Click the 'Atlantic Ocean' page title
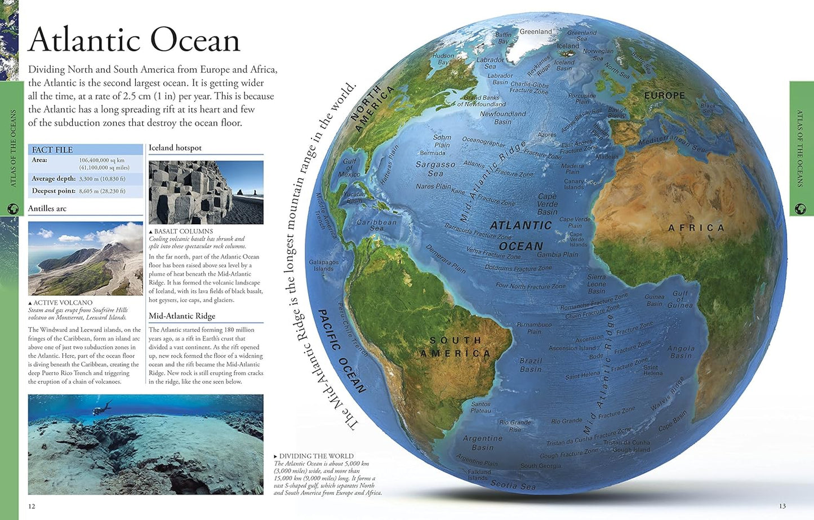pyautogui.click(x=134, y=41)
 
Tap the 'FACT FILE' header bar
pyautogui.click(x=86, y=149)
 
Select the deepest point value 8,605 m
pyautogui.click(x=102, y=191)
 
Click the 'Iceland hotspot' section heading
pyautogui.click(x=175, y=148)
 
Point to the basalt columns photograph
pyautogui.click(x=206, y=192)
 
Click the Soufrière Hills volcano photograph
pyautogui.click(x=85, y=258)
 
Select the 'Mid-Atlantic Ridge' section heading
pyautogui.click(x=182, y=316)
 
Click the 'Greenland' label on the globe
pyautogui.click(x=535, y=32)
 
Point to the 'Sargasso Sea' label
pyautogui.click(x=435, y=168)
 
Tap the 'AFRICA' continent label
pyautogui.click(x=696, y=228)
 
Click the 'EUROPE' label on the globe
pyautogui.click(x=665, y=96)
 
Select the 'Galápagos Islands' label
pyautogui.click(x=324, y=265)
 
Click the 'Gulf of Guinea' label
pyautogui.click(x=680, y=299)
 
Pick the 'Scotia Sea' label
pyautogui.click(x=513, y=485)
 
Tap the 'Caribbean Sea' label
pyautogui.click(x=377, y=225)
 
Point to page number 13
pyautogui.click(x=782, y=506)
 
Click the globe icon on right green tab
pyautogui.click(x=800, y=209)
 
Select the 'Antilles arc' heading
pyautogui.click(x=47, y=208)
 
